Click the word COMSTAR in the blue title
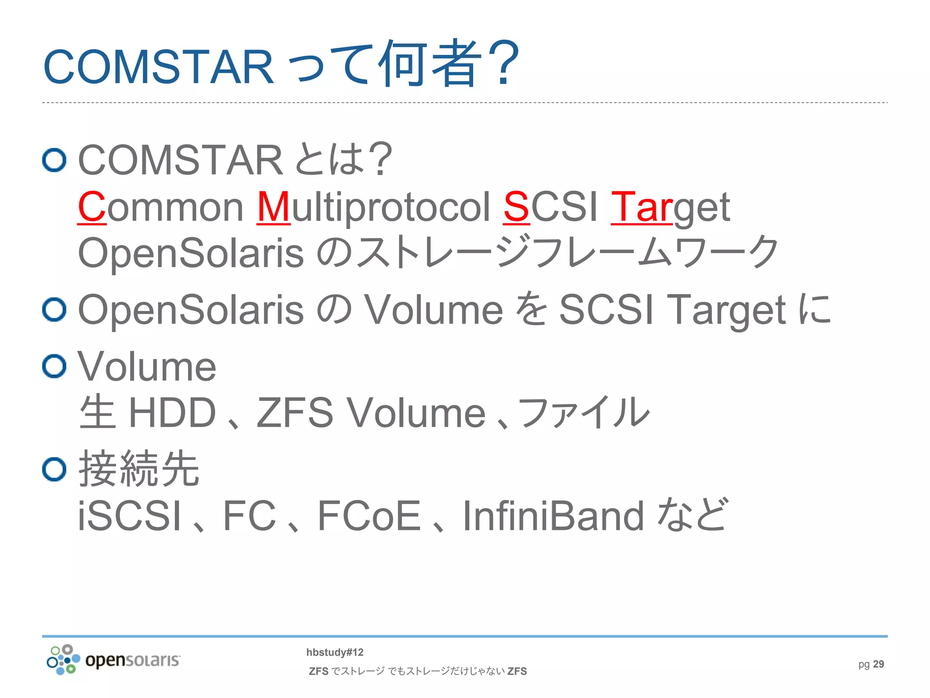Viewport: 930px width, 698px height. click(158, 67)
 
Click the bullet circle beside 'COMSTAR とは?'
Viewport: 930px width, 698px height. click(54, 160)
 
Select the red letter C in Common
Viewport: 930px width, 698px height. click(91, 207)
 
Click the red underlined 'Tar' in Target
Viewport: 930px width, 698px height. click(641, 207)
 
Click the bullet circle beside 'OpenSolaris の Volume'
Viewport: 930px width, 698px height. click(54, 309)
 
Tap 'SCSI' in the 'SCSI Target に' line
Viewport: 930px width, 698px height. click(606, 309)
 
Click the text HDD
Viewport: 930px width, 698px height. click(172, 413)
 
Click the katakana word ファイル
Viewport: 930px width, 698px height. click(584, 413)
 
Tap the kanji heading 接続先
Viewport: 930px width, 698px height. click(139, 469)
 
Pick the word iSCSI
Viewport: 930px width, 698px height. click(129, 516)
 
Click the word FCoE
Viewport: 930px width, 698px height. click(369, 516)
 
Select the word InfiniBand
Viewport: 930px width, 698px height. click(553, 516)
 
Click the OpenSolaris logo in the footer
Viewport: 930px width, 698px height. click(114, 659)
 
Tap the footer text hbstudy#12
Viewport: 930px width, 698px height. click(335, 652)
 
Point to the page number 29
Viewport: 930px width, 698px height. click(878, 664)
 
